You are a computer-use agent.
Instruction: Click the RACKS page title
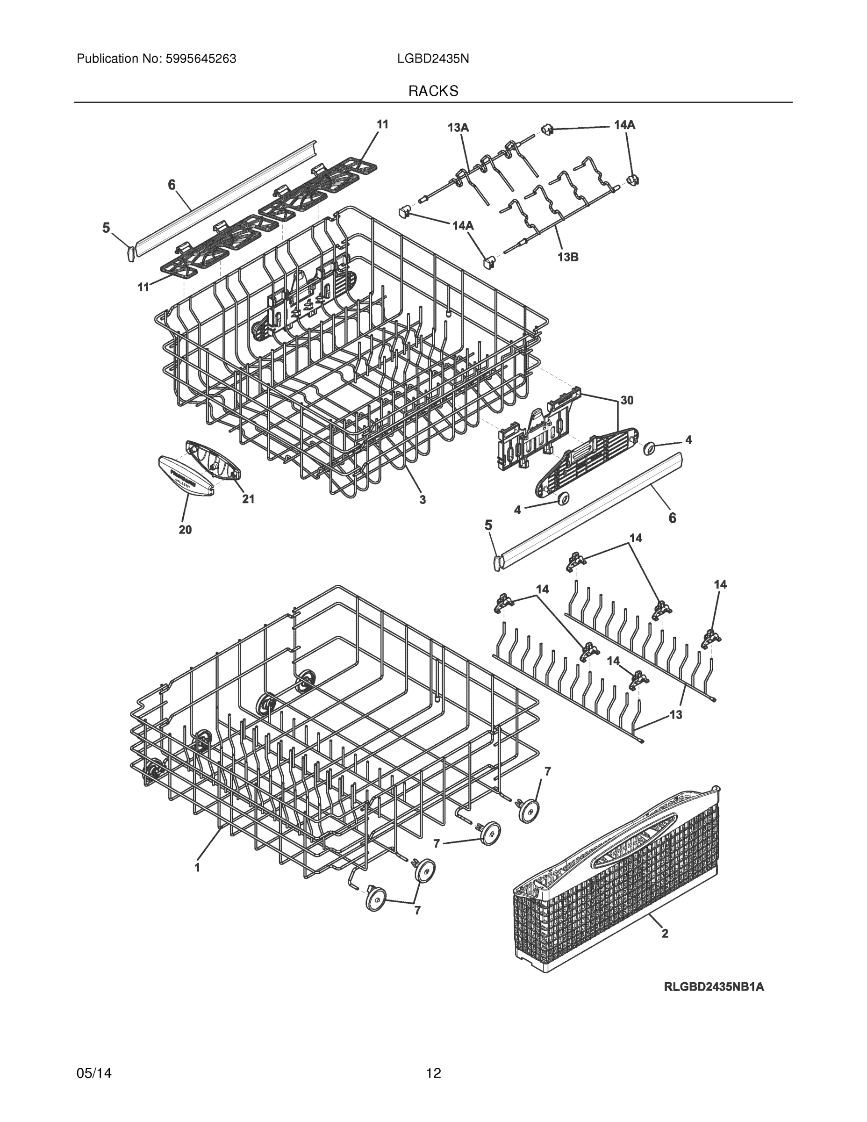[433, 91]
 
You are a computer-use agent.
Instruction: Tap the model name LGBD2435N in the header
[432, 59]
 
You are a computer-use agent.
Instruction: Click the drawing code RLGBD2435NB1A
[713, 987]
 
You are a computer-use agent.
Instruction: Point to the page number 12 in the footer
[433, 1073]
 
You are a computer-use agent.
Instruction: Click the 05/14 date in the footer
[94, 1073]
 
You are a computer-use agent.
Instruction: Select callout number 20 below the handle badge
[185, 530]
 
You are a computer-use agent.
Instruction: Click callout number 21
[248, 499]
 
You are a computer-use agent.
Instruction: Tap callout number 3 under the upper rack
[422, 499]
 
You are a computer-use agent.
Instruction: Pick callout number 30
[627, 400]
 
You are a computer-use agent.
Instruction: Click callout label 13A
[458, 128]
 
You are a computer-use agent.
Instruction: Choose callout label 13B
[567, 257]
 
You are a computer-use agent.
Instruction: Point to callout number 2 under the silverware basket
[665, 934]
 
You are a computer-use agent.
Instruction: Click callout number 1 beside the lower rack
[197, 867]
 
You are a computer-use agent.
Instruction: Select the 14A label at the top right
[624, 125]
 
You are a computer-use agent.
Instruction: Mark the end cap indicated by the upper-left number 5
[130, 253]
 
